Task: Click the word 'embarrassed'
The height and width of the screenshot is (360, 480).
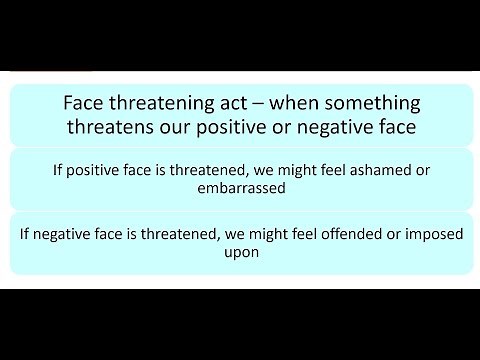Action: click(240, 188)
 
